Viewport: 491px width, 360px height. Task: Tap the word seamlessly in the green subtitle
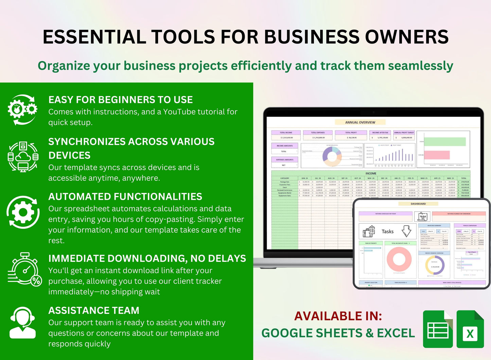(421, 66)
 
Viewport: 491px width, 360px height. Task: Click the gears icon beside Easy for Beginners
(22, 109)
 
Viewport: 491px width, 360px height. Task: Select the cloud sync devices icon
(23, 157)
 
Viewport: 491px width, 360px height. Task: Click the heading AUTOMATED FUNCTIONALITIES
(125, 197)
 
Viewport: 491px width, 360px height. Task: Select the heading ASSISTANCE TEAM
(94, 310)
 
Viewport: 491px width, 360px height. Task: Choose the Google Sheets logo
(438, 329)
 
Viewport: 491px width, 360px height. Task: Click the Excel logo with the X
(470, 329)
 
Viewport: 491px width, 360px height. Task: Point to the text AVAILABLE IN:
(338, 316)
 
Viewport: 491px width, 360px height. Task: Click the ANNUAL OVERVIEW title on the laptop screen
(360, 122)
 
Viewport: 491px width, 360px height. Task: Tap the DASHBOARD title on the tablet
(418, 204)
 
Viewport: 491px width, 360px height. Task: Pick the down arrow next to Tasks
(406, 231)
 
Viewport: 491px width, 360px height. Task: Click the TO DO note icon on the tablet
(423, 216)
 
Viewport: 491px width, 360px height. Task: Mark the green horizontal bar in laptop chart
(445, 142)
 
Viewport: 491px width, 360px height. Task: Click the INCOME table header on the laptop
(371, 174)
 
